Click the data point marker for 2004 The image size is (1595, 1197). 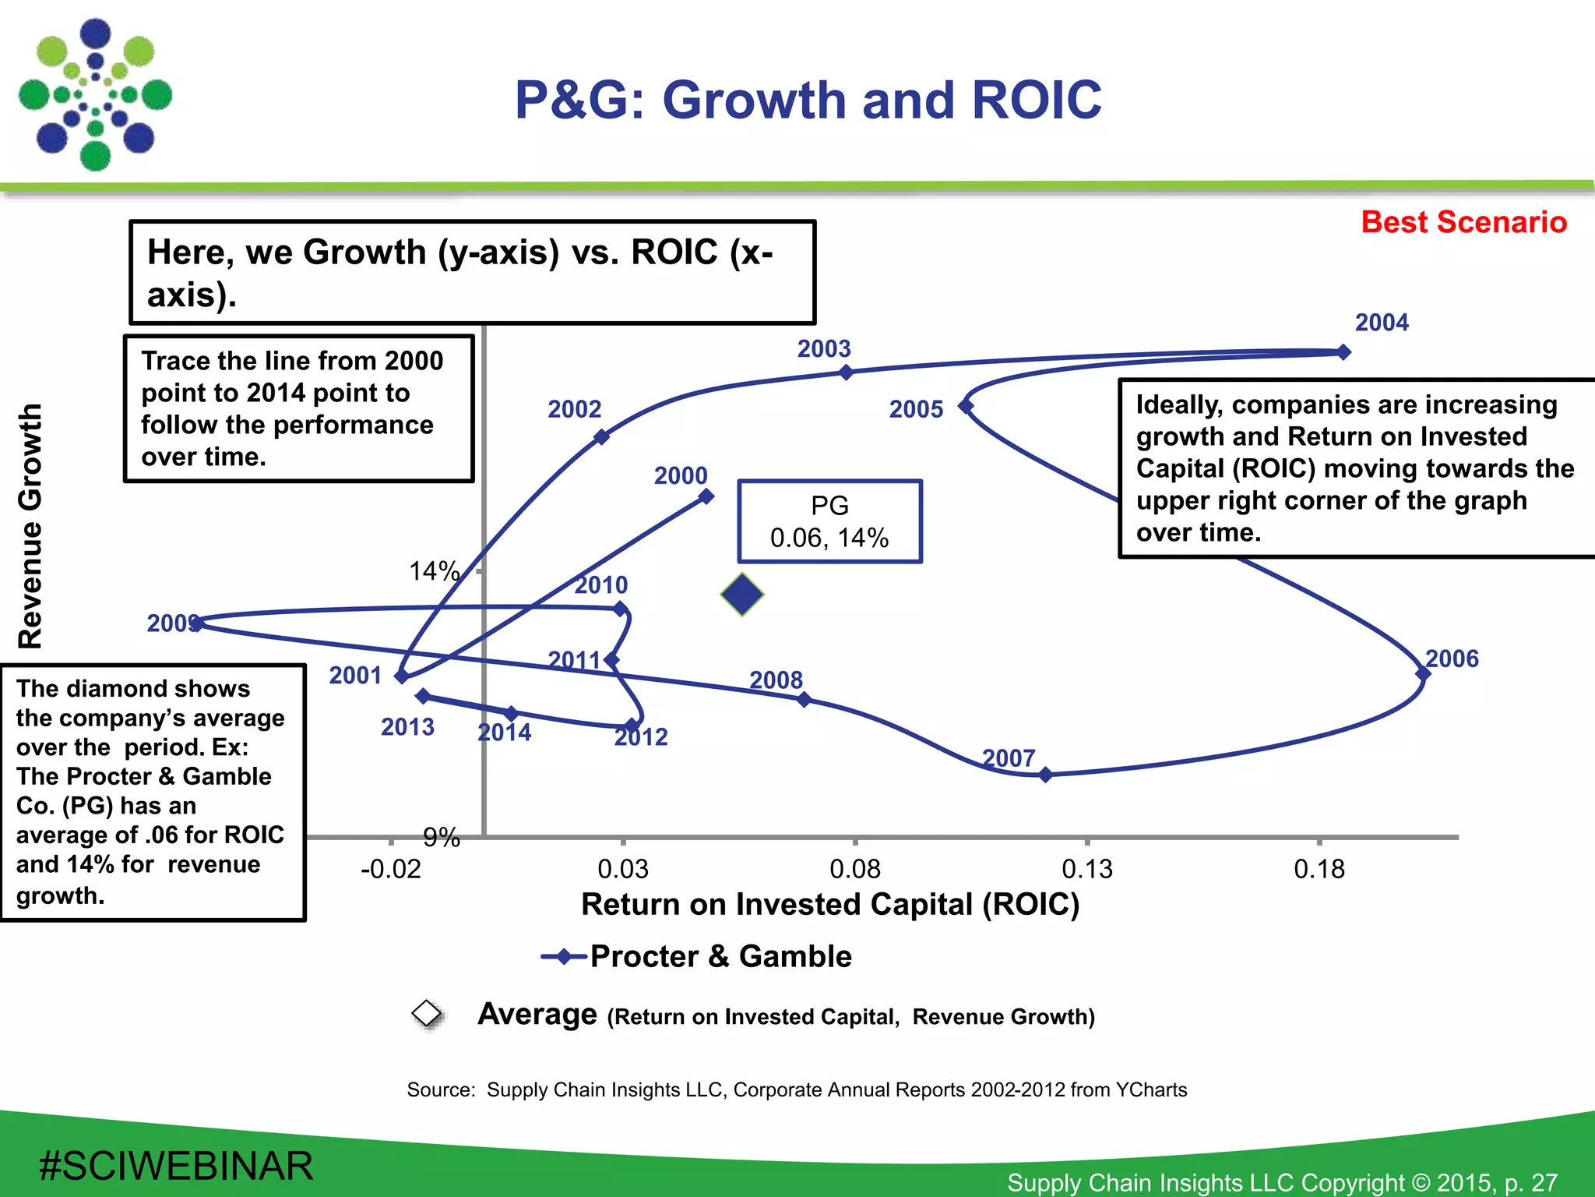[x=1343, y=352]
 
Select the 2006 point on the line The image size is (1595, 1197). [x=1422, y=673]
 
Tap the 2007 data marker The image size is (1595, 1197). [x=1046, y=774]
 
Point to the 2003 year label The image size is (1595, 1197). [x=823, y=348]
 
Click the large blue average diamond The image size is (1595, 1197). [x=742, y=595]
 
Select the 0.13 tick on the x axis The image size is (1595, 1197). [x=1086, y=868]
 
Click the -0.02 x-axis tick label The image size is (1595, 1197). [x=390, y=868]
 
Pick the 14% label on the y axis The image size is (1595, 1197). [x=434, y=571]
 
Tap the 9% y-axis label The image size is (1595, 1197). [x=441, y=838]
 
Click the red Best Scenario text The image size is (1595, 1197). [x=1463, y=222]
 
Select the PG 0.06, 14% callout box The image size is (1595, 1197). [x=829, y=521]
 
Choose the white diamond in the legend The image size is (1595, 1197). [x=427, y=1013]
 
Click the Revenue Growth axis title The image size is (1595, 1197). [x=30, y=526]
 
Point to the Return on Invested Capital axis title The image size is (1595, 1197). [x=830, y=904]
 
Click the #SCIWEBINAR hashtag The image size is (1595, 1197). [x=175, y=1166]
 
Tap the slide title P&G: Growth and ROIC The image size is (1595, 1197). [x=808, y=101]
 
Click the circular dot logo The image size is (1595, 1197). [x=95, y=95]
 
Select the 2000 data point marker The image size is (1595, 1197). [x=706, y=496]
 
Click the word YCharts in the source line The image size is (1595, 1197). [x=1151, y=1089]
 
